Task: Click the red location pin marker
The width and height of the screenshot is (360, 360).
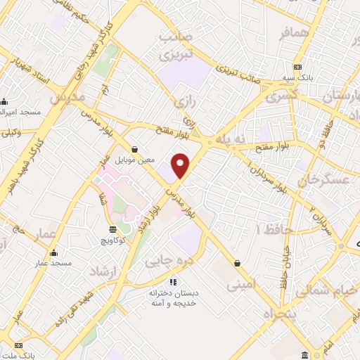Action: coord(181,166)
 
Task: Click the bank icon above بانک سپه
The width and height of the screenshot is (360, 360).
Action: coord(298,67)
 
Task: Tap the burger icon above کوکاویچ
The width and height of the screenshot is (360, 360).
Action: coord(112,229)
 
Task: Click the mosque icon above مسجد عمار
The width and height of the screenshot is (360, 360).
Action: coord(55,252)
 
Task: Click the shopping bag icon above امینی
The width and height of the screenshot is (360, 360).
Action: coord(237,264)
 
